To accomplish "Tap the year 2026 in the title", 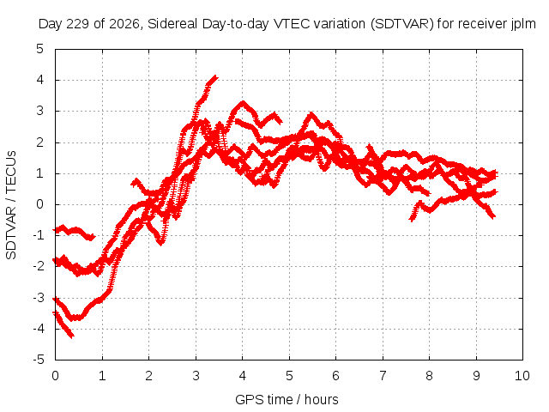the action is coord(124,24).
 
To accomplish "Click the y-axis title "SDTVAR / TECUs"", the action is coord(11,205).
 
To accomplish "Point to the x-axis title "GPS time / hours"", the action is coord(287,400).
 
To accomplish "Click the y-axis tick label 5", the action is coord(39,49).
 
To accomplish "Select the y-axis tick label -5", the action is coord(38,360).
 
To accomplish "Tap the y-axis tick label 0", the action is coord(39,204).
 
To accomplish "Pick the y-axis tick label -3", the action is coord(38,298).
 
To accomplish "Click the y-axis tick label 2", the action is coord(39,142).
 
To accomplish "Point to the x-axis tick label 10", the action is coord(522,376).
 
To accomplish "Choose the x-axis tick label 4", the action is coord(242,376).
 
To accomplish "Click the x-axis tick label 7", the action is coord(383,376).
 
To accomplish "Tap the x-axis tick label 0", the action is coord(55,376).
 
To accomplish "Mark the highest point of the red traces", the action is coord(216,76).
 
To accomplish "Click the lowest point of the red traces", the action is coord(72,336).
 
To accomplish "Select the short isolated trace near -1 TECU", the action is coord(74,231).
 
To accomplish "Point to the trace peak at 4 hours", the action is coord(243,103).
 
